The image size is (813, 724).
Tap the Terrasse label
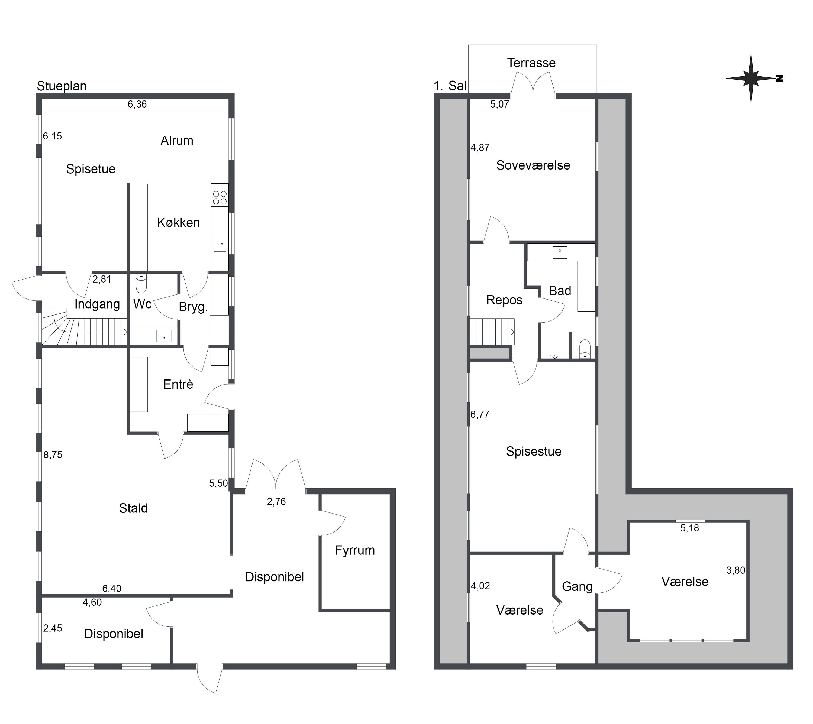[531, 63]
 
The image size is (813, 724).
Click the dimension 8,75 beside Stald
[53, 455]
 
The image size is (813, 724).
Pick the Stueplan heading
[62, 86]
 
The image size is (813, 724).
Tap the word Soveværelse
[533, 165]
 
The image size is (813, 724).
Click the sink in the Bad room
[560, 252]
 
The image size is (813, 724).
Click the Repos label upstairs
[504, 300]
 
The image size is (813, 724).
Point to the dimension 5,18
[690, 528]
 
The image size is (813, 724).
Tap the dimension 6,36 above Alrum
[137, 104]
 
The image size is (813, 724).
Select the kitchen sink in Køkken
[220, 244]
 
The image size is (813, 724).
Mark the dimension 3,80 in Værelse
[736, 570]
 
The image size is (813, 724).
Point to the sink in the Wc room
[164, 336]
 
